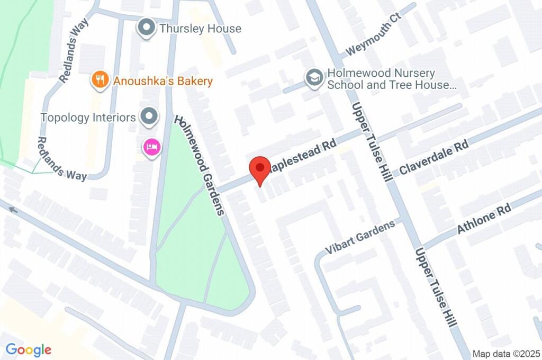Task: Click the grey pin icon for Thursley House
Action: pyautogui.click(x=146, y=28)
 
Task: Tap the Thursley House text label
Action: pyautogui.click(x=200, y=29)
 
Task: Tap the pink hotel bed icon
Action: pyautogui.click(x=151, y=147)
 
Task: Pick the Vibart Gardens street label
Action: pyautogui.click(x=360, y=236)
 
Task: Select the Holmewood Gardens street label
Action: pyautogui.click(x=200, y=165)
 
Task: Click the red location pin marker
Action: pyautogui.click(x=259, y=168)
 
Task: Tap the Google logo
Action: pyautogui.click(x=29, y=349)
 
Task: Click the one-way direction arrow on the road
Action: pyautogui.click(x=13, y=210)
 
